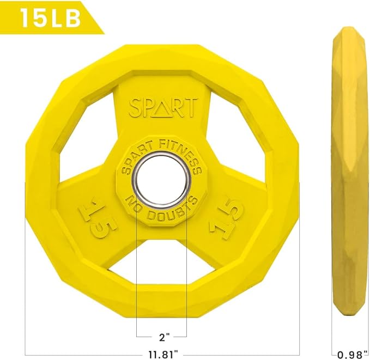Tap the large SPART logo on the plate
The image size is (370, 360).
pyautogui.click(x=163, y=108)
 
